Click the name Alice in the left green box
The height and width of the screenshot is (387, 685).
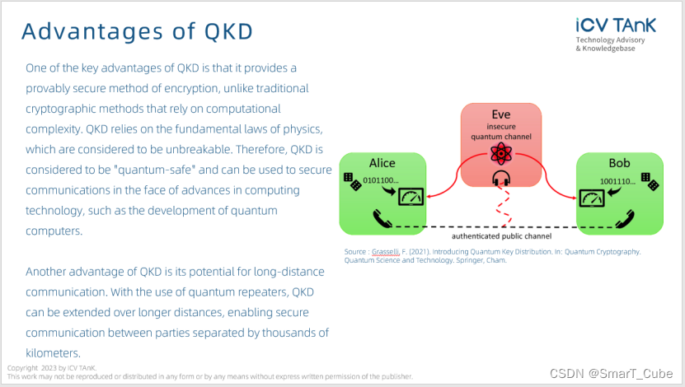point(382,163)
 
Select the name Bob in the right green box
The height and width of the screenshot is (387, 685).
point(619,163)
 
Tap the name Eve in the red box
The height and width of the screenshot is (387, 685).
point(500,114)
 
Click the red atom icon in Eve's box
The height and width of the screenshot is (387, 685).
point(500,153)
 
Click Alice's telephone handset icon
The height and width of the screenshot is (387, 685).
point(381,220)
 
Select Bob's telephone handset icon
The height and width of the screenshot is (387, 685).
point(621,220)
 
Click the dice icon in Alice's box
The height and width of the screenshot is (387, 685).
point(354,183)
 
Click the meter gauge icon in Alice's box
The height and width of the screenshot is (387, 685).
point(409,198)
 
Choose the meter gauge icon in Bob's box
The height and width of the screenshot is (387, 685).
point(590,198)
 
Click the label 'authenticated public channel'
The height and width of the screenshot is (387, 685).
point(502,236)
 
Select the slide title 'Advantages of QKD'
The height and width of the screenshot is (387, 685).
point(137,31)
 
